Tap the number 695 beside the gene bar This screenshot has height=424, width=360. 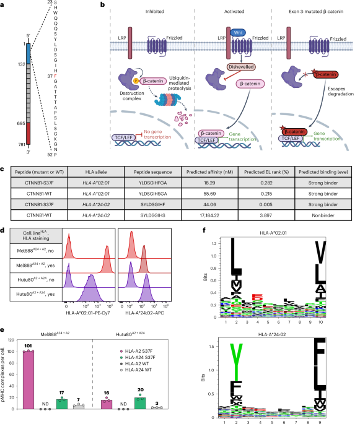coord(20,123)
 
